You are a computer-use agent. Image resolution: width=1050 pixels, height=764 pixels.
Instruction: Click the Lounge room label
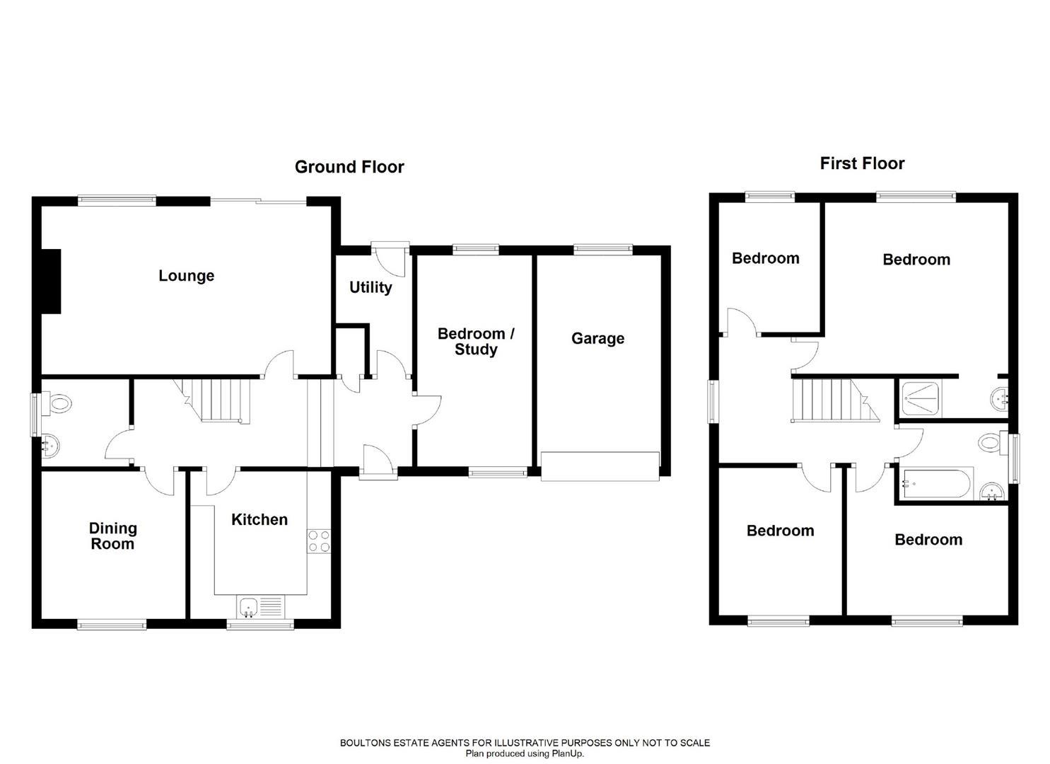[186, 276]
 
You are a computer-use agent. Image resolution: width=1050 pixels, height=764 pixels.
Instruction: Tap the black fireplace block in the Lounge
[51, 282]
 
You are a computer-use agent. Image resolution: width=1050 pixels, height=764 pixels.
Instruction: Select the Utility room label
[371, 287]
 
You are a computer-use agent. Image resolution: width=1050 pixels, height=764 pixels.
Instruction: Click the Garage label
[597, 338]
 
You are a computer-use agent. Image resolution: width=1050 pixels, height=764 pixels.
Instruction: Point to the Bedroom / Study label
[476, 341]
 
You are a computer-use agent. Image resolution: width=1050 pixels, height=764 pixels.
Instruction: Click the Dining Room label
[112, 536]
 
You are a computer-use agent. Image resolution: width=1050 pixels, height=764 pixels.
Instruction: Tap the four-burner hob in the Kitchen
[319, 541]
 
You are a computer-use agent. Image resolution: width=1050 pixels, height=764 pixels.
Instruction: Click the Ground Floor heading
[349, 167]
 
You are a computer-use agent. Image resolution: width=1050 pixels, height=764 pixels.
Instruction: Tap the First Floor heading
[862, 163]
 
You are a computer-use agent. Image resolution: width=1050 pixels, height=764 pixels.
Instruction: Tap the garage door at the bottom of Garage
[600, 467]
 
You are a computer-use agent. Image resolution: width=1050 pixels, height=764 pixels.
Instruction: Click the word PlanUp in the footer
[566, 754]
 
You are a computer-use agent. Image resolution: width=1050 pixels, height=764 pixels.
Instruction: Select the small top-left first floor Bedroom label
[765, 258]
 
